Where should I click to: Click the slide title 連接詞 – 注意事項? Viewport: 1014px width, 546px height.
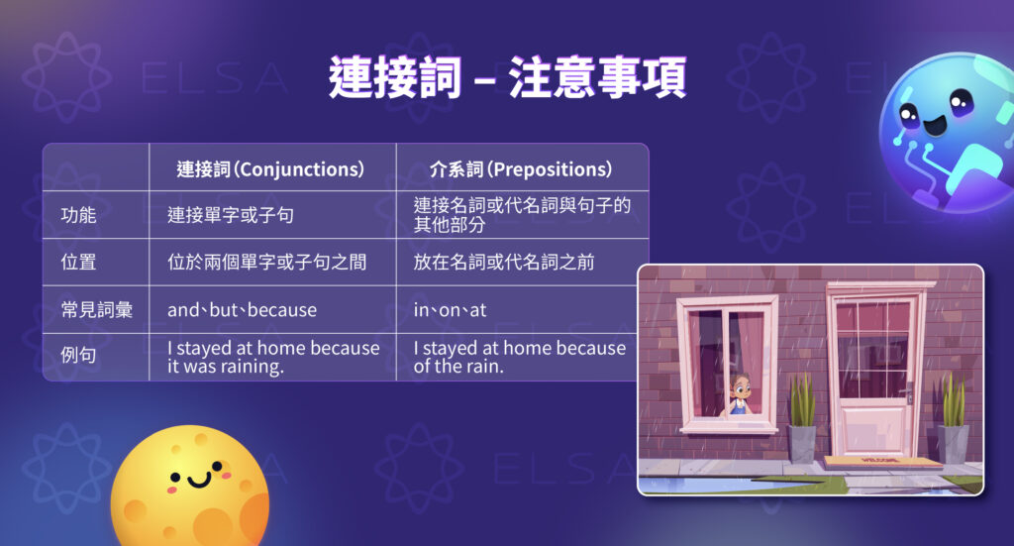(x=507, y=77)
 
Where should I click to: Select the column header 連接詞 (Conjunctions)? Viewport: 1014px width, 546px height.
(x=270, y=169)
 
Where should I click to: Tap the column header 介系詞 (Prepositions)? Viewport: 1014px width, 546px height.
(x=521, y=169)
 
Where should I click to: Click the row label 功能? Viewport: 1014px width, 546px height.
(x=78, y=215)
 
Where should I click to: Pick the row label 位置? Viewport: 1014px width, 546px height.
(x=78, y=262)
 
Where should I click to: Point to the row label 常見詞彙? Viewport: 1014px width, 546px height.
(x=96, y=310)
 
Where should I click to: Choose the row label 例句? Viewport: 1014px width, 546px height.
(x=78, y=355)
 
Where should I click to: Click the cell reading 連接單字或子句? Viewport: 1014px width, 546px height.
(x=230, y=215)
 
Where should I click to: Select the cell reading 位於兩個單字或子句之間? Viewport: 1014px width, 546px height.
(x=266, y=262)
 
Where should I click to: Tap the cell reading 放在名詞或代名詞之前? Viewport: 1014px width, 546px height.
(x=504, y=262)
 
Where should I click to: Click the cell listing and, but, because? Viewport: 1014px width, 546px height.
(x=242, y=310)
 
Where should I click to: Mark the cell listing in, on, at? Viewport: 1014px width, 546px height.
(x=450, y=310)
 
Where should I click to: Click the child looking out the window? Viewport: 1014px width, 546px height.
(x=740, y=394)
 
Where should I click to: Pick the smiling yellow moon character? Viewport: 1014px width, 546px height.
(x=190, y=486)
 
